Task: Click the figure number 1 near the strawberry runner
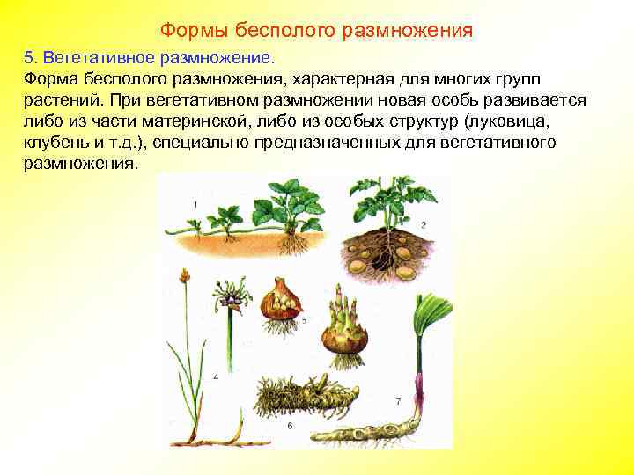coord(195,205)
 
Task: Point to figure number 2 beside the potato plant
coord(423,225)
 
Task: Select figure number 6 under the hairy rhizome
coord(290,426)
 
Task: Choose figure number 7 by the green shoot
coord(398,401)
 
